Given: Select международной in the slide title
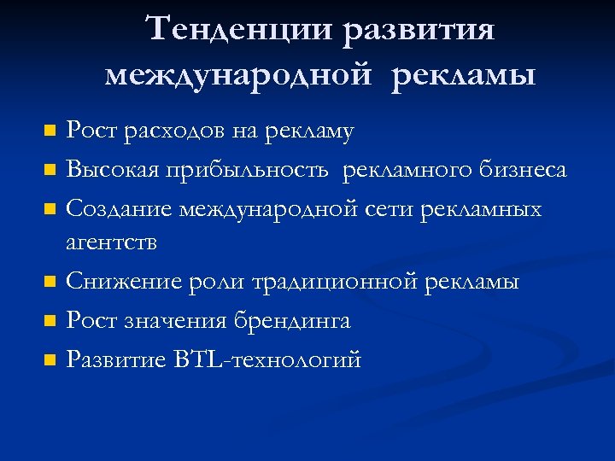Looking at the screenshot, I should (239, 75).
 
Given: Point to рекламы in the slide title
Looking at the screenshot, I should (465, 75).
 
